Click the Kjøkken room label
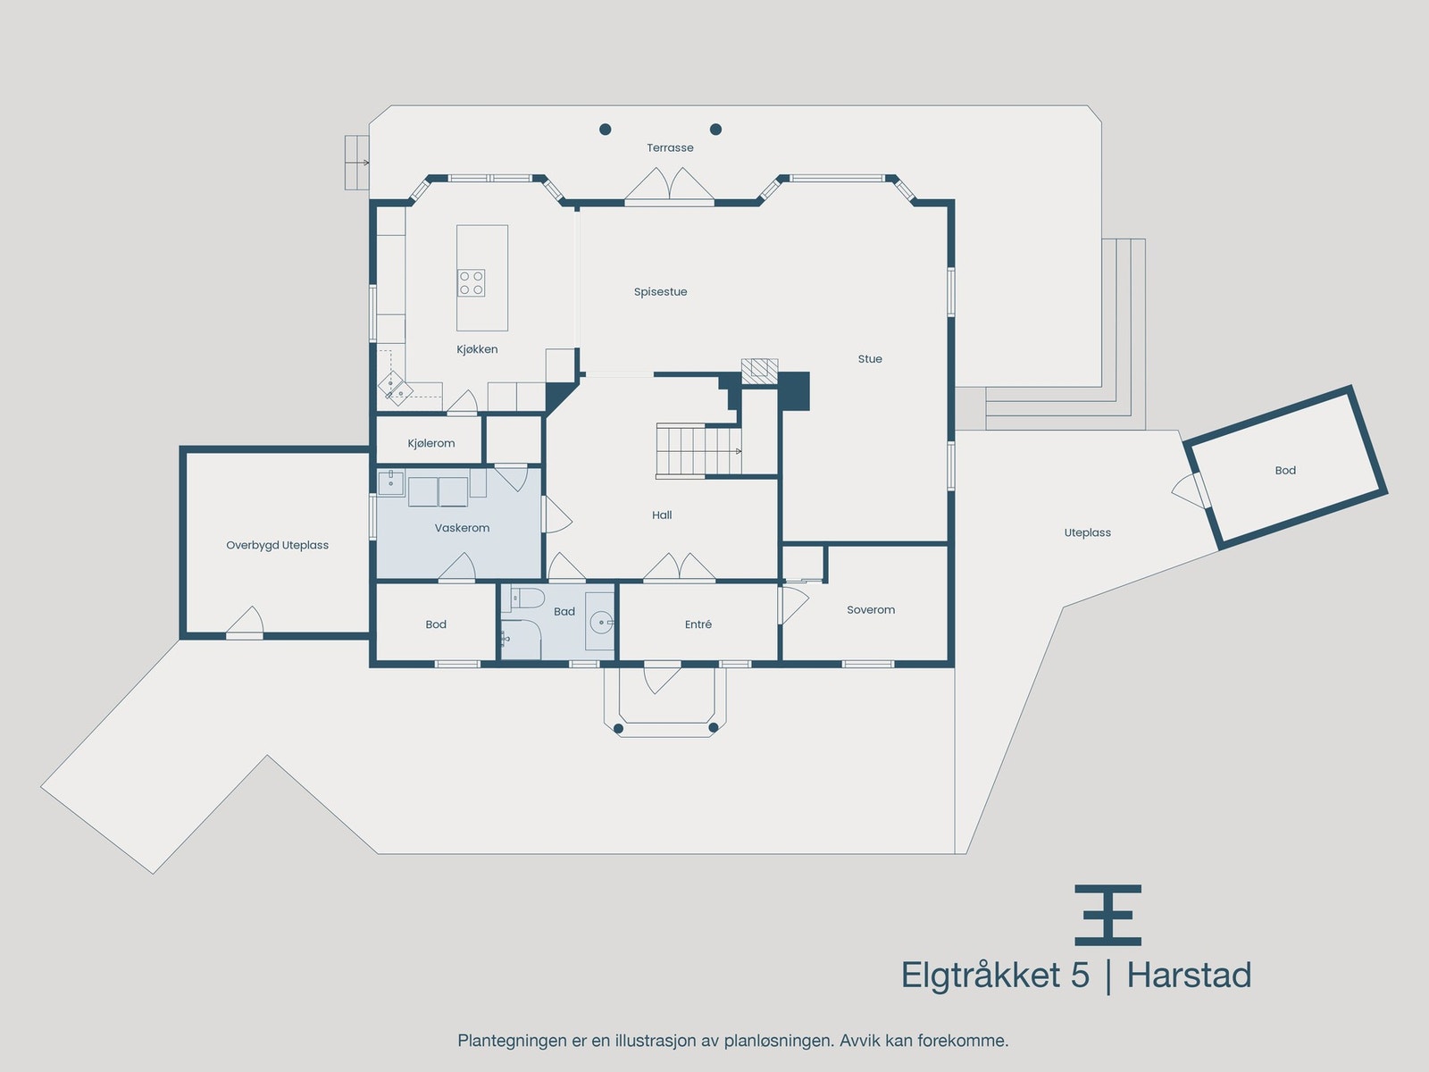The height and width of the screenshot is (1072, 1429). click(477, 349)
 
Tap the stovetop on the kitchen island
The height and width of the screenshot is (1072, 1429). click(472, 283)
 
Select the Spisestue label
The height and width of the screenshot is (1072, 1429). click(660, 292)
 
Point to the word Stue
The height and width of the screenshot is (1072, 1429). click(870, 359)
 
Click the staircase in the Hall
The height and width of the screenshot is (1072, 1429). click(698, 450)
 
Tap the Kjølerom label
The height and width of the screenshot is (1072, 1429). click(431, 443)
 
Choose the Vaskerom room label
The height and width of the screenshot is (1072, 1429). click(462, 528)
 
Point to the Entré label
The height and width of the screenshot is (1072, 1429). click(698, 624)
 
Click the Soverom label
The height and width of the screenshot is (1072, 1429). click(871, 610)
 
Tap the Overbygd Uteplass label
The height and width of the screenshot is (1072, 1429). click(277, 545)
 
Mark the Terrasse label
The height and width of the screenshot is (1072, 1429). click(670, 148)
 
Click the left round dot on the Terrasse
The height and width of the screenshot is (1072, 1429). click(606, 130)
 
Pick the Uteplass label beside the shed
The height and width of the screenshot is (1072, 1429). click(1087, 532)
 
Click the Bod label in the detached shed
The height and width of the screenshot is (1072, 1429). click(1285, 470)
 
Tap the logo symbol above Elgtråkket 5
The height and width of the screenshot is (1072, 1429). click(1107, 915)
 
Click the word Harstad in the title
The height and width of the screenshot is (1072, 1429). click(1189, 976)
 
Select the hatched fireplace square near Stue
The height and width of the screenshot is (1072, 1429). click(759, 372)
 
